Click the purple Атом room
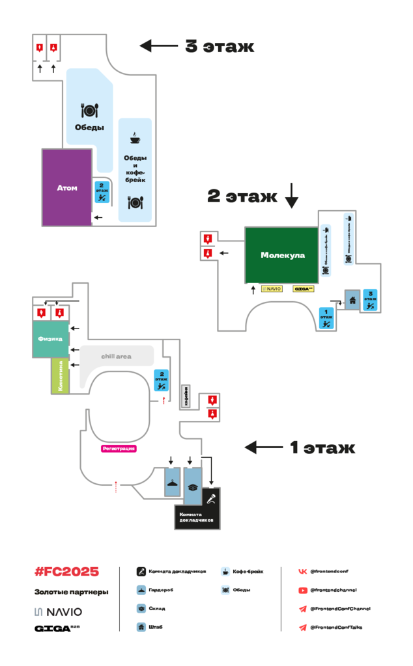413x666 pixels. (66, 187)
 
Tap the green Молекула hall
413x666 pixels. (283, 255)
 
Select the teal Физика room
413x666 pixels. (50, 339)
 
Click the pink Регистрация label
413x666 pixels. (119, 448)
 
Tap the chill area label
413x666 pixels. (116, 356)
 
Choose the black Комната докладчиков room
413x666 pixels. (197, 514)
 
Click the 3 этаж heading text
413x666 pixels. (219, 47)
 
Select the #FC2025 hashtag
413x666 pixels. (66, 572)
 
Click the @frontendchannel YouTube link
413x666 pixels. (333, 590)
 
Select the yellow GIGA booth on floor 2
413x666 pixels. (304, 288)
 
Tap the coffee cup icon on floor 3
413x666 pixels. (135, 138)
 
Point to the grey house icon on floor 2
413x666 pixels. (352, 300)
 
